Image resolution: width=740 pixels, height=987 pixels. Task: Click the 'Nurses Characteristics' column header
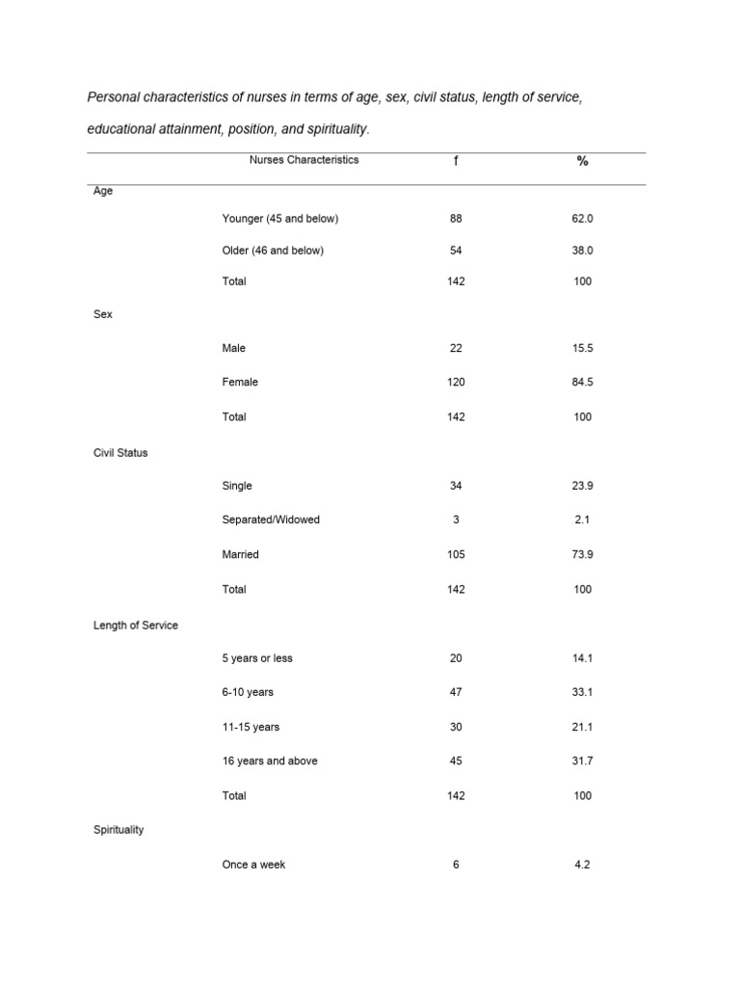(304, 160)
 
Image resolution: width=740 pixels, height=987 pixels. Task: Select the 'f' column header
(456, 161)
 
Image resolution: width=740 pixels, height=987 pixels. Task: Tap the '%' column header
(582, 161)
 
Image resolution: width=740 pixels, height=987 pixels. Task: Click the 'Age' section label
(103, 191)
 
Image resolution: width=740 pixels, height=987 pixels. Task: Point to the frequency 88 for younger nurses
(456, 219)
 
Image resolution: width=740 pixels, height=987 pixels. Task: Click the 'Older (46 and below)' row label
(273, 251)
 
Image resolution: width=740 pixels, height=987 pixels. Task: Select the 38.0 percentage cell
(582, 251)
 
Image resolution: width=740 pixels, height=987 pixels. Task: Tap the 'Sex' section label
(103, 314)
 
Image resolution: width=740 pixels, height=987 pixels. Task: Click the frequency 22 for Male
(456, 348)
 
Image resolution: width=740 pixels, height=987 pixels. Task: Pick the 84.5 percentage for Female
(582, 382)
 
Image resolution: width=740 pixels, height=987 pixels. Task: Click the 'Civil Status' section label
(120, 452)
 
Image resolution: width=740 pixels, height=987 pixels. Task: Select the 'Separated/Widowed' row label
(271, 520)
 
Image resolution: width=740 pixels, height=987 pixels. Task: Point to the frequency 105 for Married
(456, 554)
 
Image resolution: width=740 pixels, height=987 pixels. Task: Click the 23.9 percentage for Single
(582, 486)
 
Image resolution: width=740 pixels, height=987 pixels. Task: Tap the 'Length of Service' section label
(136, 625)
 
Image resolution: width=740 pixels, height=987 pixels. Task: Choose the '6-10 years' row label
(248, 692)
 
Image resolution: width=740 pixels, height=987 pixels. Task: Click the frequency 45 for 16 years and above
(456, 760)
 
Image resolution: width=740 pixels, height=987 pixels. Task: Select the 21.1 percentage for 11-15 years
(582, 727)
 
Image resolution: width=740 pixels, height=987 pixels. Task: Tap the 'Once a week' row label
(253, 865)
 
